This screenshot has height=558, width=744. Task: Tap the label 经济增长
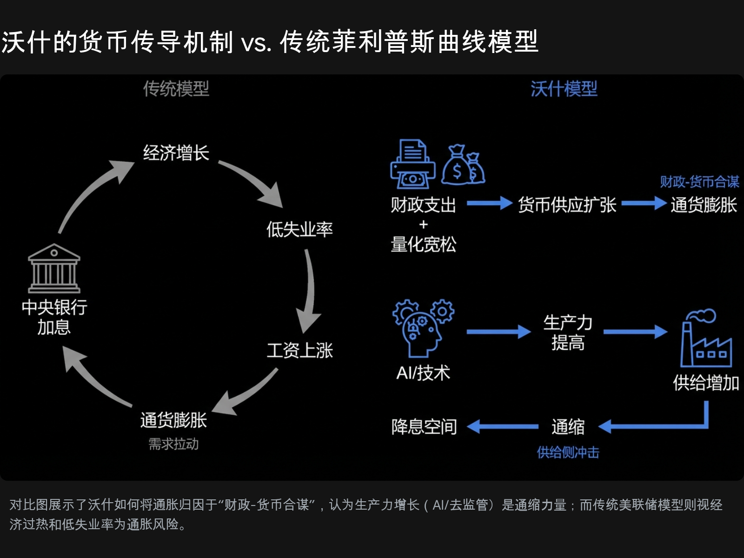click(x=176, y=153)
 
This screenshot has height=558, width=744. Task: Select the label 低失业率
click(x=299, y=229)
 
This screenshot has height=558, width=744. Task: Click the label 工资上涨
click(x=299, y=351)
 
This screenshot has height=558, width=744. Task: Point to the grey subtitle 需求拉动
click(x=173, y=444)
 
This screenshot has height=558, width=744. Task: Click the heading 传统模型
click(x=176, y=89)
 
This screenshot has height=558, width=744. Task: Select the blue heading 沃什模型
click(x=564, y=89)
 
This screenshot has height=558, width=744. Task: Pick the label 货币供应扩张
click(x=567, y=205)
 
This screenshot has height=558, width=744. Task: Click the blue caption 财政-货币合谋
click(x=699, y=182)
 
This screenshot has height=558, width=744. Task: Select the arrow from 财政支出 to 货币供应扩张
click(x=489, y=203)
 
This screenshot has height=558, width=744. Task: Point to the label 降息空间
click(x=424, y=426)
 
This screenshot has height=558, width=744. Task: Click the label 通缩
click(x=568, y=426)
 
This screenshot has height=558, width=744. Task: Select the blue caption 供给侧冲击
click(x=568, y=452)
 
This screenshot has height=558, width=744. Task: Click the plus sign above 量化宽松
click(x=423, y=225)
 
